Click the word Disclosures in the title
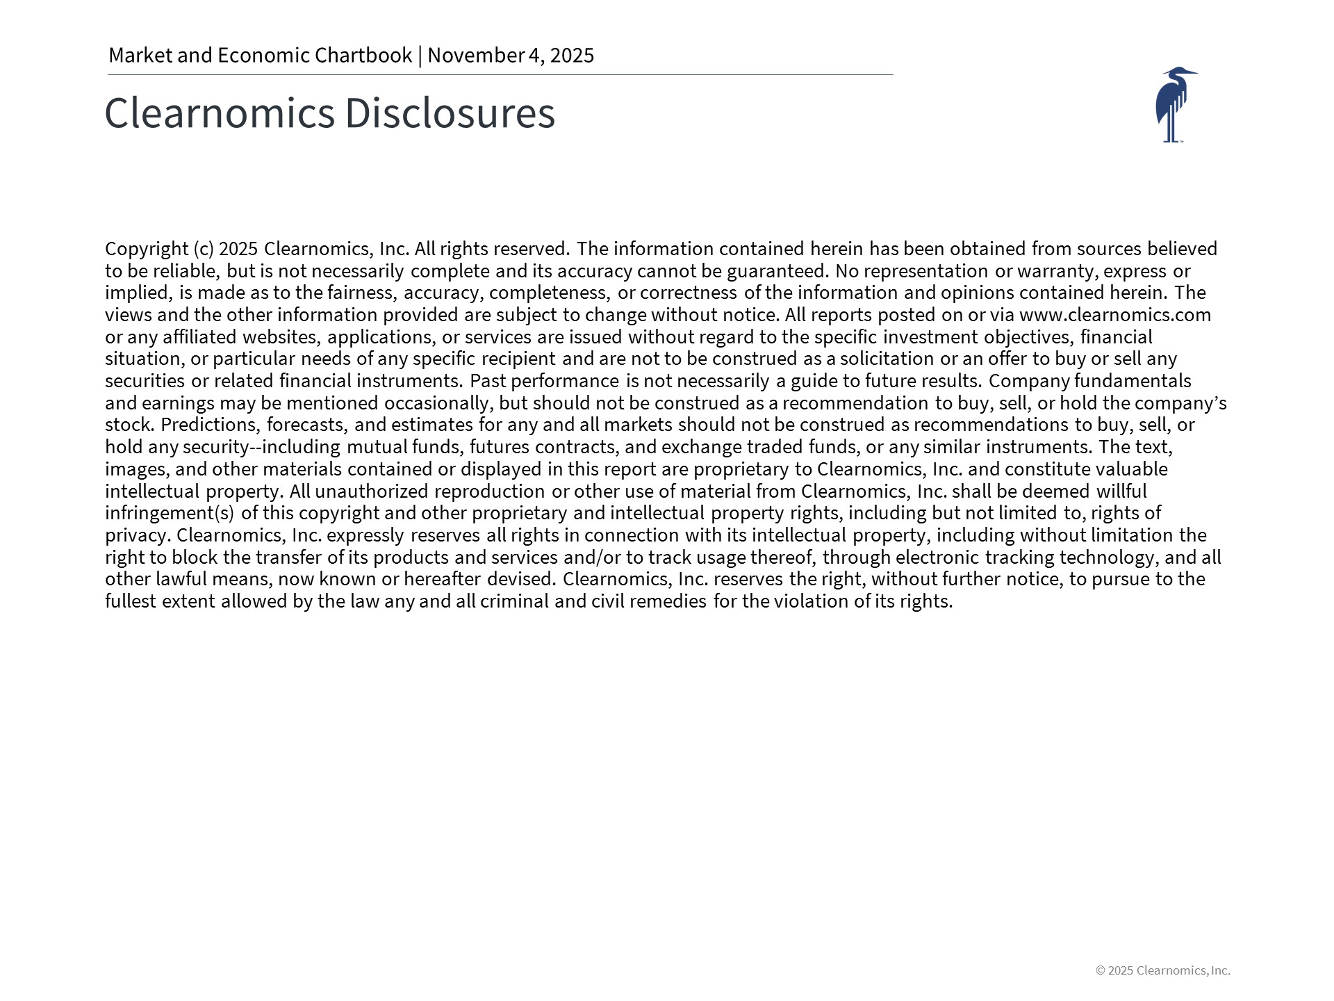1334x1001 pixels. [450, 113]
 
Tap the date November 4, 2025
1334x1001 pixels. [511, 55]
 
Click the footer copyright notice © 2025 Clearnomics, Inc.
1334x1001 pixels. [1162, 970]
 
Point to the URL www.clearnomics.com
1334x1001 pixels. [1114, 315]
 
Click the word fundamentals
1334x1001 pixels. [1133, 381]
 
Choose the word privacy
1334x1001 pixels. [137, 535]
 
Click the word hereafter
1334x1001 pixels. [442, 579]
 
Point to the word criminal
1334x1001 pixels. [514, 601]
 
